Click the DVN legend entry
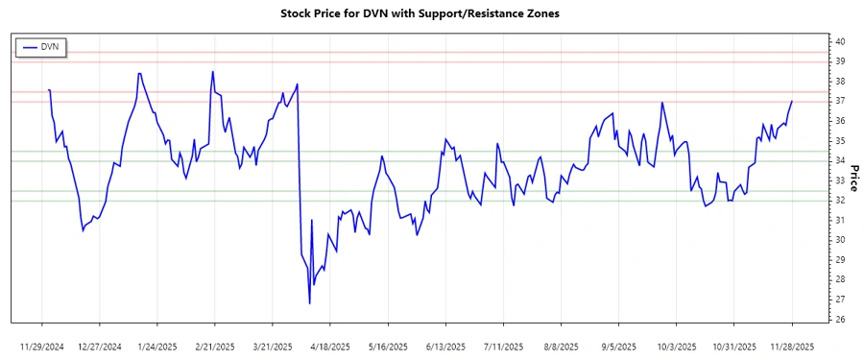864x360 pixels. point(40,47)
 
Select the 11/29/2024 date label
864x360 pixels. point(42,347)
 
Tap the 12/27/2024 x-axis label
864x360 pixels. point(100,347)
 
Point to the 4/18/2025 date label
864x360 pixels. point(330,347)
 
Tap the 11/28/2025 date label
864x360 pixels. point(792,347)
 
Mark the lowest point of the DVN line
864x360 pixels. point(310,304)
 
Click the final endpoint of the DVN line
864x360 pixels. point(792,101)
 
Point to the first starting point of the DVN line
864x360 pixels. point(48,89)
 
